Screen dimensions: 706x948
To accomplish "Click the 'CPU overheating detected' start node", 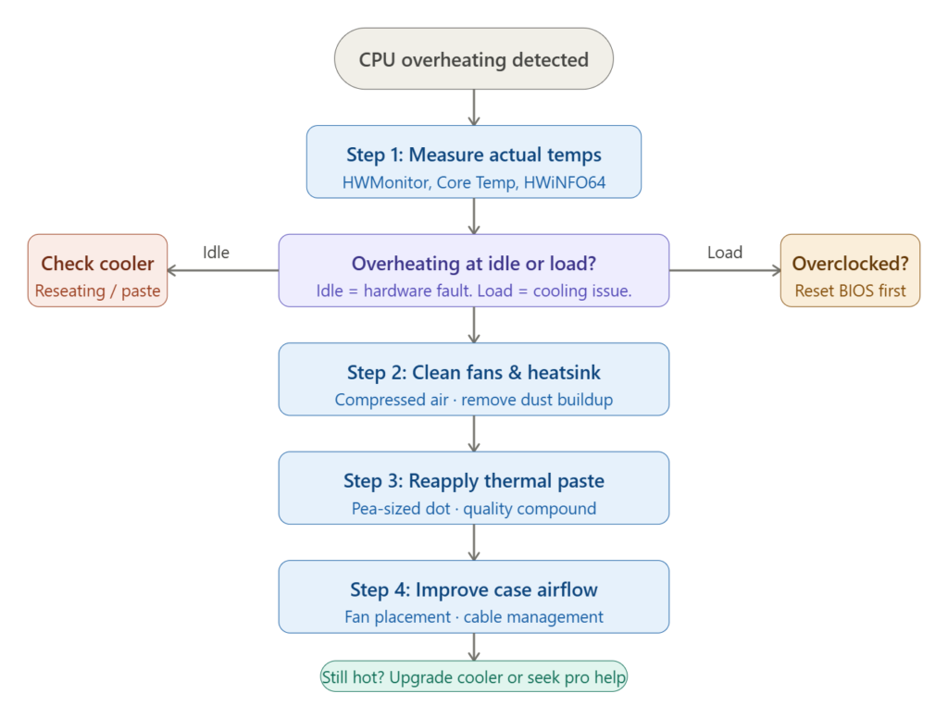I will coord(473,59).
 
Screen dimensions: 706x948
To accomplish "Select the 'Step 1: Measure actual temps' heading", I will coord(473,155).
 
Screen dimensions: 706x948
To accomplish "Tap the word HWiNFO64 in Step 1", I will coord(565,183).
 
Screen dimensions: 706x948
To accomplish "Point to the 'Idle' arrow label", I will coord(216,253).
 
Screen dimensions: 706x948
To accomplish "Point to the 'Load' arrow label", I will coord(724,253).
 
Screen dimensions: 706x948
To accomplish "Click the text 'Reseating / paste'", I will coord(97,291).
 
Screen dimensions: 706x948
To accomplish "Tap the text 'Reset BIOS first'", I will coord(850,291).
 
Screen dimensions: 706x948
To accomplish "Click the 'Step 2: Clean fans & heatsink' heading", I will coord(473,373).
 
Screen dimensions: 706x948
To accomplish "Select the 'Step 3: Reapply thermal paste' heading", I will coord(473,481).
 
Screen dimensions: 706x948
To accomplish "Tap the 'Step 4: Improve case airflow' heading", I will coord(473,589).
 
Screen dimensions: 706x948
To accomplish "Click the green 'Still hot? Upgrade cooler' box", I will coord(473,677).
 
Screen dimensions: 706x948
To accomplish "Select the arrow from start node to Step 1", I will coord(473,107).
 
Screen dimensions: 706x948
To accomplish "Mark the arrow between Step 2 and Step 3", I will coord(473,433).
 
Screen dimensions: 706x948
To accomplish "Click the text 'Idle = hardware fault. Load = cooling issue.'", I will coord(473,291).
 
